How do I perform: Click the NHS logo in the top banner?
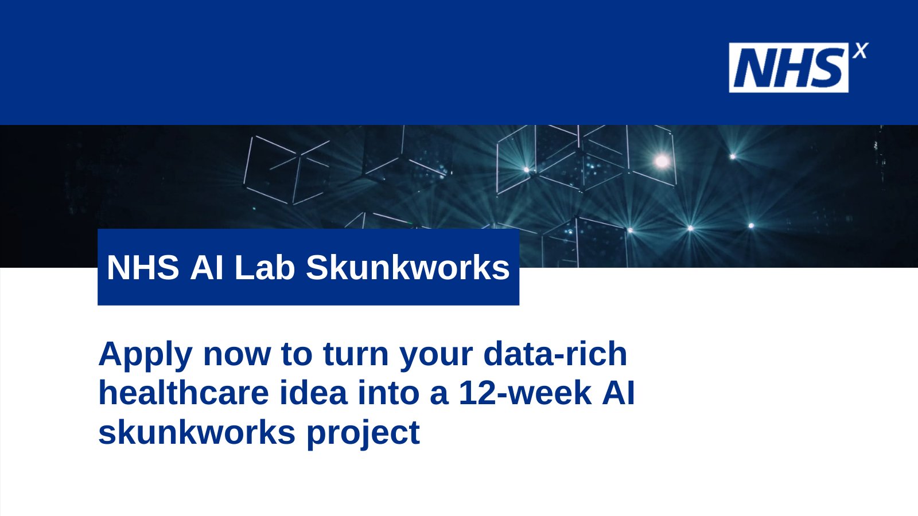[x=788, y=68]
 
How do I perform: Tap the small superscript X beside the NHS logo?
[x=860, y=51]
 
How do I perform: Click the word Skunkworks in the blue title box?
[x=407, y=267]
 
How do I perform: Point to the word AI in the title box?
[x=207, y=267]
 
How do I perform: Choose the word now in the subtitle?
[x=236, y=354]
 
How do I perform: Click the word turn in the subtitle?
[x=356, y=354]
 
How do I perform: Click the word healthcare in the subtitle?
[x=184, y=393]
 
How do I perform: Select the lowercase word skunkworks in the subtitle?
[x=197, y=432]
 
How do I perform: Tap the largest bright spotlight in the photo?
[x=662, y=161]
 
